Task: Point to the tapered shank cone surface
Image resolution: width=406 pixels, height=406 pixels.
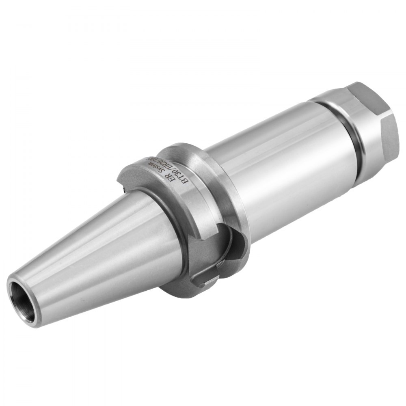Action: tap(101, 252)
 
